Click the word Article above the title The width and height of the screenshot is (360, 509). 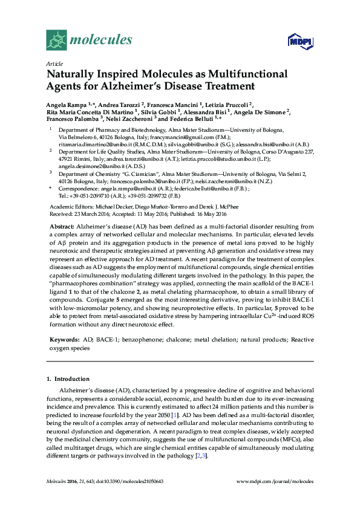point(54,63)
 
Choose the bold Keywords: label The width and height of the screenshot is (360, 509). point(64,340)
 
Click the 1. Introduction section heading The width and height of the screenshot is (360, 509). point(68,378)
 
